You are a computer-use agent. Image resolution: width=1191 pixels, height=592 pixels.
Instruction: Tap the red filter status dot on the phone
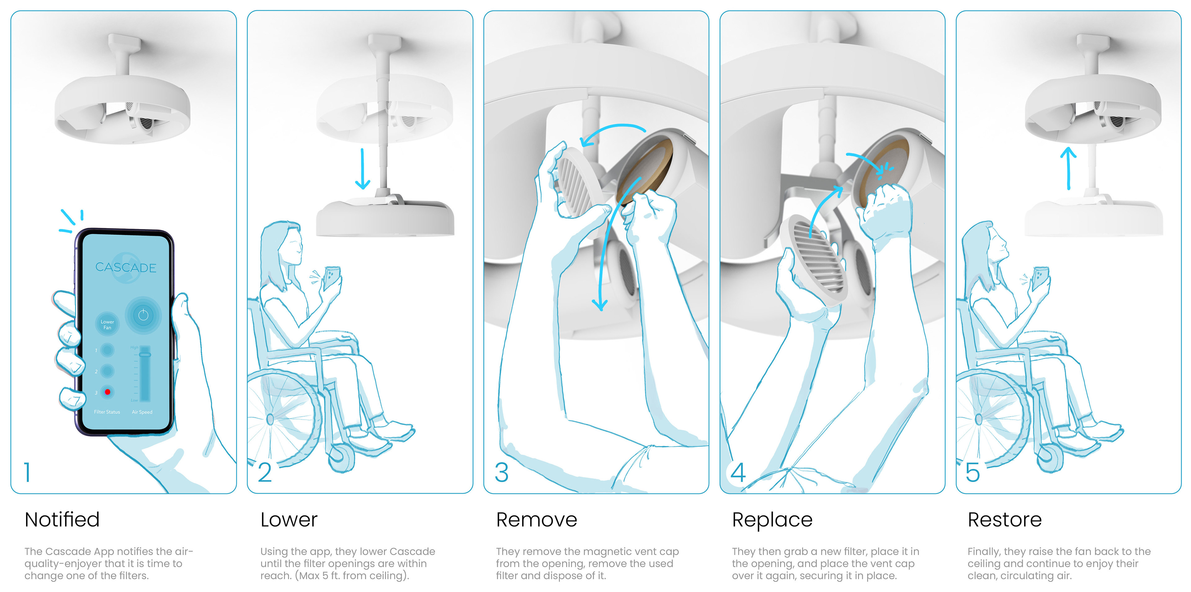coord(107,392)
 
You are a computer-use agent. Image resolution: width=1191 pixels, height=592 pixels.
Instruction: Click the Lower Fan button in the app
coord(107,324)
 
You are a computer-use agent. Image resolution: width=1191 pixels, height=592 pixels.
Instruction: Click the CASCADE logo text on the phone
coord(125,267)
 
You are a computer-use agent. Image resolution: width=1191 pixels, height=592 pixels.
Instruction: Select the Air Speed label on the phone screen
coord(142,412)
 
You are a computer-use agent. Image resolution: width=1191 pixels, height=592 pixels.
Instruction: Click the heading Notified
coord(62,519)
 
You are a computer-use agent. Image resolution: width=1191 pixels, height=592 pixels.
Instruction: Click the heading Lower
coord(289,519)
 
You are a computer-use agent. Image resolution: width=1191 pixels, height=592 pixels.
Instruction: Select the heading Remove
coord(536,519)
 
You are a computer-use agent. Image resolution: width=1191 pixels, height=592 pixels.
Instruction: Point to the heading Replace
coord(772,519)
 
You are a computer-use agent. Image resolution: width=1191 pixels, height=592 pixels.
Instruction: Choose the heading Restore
coord(1005,519)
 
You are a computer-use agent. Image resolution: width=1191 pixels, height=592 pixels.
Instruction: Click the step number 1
coord(28,472)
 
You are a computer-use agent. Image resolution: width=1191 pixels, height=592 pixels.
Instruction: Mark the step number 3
coord(502,472)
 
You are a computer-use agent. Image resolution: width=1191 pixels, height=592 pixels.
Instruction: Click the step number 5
coord(973,472)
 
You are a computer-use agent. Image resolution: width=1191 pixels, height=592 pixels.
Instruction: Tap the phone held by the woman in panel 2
coord(332,277)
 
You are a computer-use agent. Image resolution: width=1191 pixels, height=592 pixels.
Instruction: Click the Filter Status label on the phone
coord(107,412)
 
